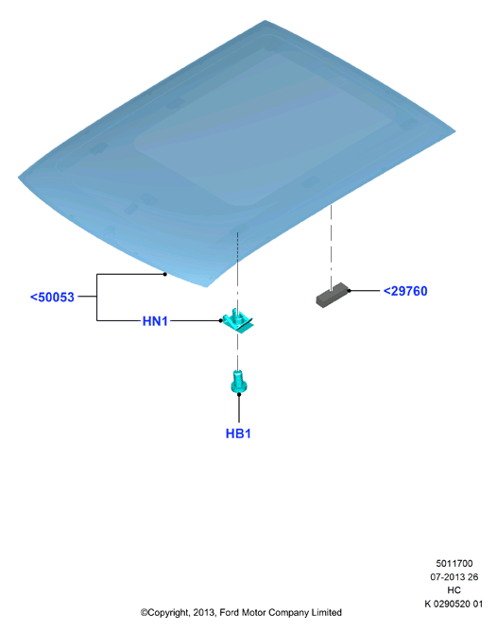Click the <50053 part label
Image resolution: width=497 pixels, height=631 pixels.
(52, 297)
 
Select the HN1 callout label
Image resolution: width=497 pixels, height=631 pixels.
(155, 321)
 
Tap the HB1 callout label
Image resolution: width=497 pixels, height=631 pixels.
(238, 434)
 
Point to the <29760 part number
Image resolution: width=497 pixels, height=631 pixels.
(405, 291)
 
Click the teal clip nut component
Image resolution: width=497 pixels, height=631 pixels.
(237, 320)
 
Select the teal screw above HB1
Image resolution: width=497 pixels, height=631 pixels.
(239, 382)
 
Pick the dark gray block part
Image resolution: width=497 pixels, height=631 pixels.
(333, 295)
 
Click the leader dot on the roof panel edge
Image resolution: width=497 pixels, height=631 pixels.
(165, 274)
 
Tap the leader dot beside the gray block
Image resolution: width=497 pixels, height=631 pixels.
(349, 290)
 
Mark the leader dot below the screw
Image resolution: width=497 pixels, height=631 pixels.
(239, 395)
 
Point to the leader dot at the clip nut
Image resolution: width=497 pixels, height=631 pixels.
(220, 320)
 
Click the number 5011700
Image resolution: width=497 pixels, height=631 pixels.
(454, 563)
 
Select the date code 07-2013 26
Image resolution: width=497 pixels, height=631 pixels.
(454, 576)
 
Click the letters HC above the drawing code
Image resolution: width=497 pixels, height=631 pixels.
(454, 590)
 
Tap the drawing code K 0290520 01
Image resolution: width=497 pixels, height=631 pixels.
(454, 604)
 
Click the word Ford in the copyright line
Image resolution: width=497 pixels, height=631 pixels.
(229, 612)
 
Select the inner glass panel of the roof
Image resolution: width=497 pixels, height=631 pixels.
(262, 129)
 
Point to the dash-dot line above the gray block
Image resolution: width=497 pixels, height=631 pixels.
(332, 247)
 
